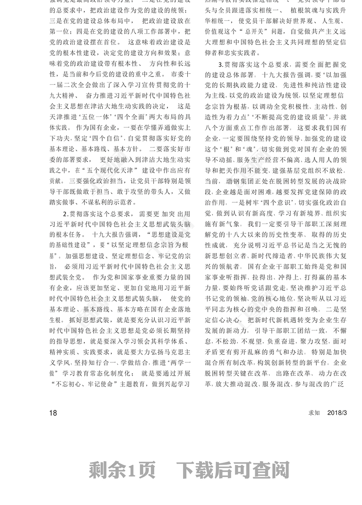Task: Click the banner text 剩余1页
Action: click(122, 471)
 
